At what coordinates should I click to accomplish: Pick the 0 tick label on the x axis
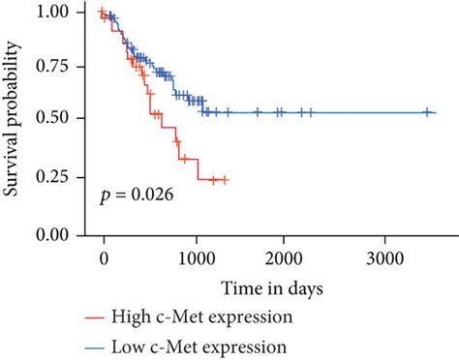(x=104, y=258)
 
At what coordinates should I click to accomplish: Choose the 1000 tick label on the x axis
(x=197, y=258)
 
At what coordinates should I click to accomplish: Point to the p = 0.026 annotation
(x=137, y=197)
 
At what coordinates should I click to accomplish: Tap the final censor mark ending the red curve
(x=225, y=179)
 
